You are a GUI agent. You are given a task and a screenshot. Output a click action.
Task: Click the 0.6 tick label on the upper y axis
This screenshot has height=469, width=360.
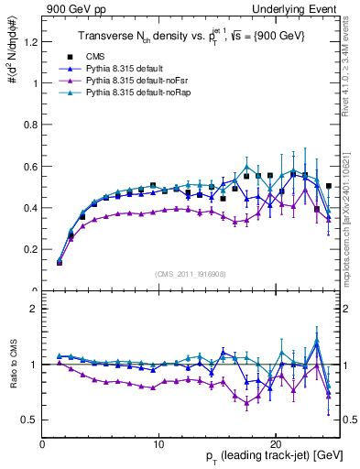click(30, 167)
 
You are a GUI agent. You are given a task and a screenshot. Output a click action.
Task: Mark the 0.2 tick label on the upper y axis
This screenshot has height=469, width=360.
click(30, 249)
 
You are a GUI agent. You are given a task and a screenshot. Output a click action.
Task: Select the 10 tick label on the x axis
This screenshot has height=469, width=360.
click(158, 443)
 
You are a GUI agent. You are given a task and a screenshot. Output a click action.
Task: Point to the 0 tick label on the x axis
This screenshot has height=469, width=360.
click(42, 443)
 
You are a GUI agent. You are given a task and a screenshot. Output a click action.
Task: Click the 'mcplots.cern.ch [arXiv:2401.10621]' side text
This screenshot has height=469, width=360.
click(349, 210)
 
